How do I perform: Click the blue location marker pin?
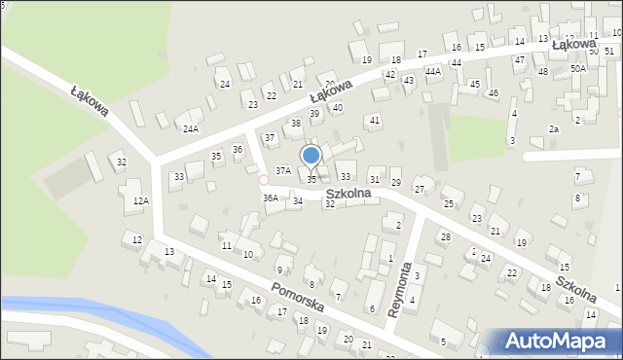[x=311, y=157]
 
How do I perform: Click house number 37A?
[x=282, y=170]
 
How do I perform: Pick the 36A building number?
[x=270, y=198]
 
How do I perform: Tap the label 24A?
[x=191, y=128]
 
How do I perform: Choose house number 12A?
[x=141, y=201]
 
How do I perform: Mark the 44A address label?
[x=432, y=71]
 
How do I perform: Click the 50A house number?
[x=578, y=69]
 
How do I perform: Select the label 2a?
[x=554, y=129]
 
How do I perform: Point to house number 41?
[x=373, y=120]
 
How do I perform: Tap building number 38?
[x=296, y=124]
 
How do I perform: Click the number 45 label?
[x=474, y=85]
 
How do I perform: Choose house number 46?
[x=494, y=93]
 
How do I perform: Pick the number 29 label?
[x=396, y=183]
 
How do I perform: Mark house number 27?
[x=420, y=189]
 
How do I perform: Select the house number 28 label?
[x=445, y=237]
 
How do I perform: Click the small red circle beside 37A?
[x=263, y=180]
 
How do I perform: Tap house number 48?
[x=542, y=72]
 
